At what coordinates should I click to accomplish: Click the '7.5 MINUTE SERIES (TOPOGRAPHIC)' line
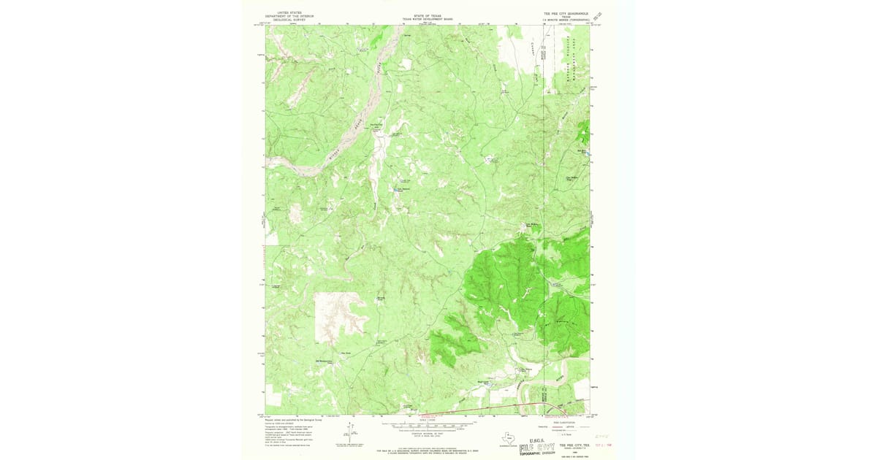tap(567, 20)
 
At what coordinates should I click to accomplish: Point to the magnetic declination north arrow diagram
tap(352, 434)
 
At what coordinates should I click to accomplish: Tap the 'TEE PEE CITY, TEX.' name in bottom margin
tap(574, 443)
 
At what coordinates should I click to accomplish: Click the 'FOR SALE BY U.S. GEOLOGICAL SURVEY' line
tap(428, 451)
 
